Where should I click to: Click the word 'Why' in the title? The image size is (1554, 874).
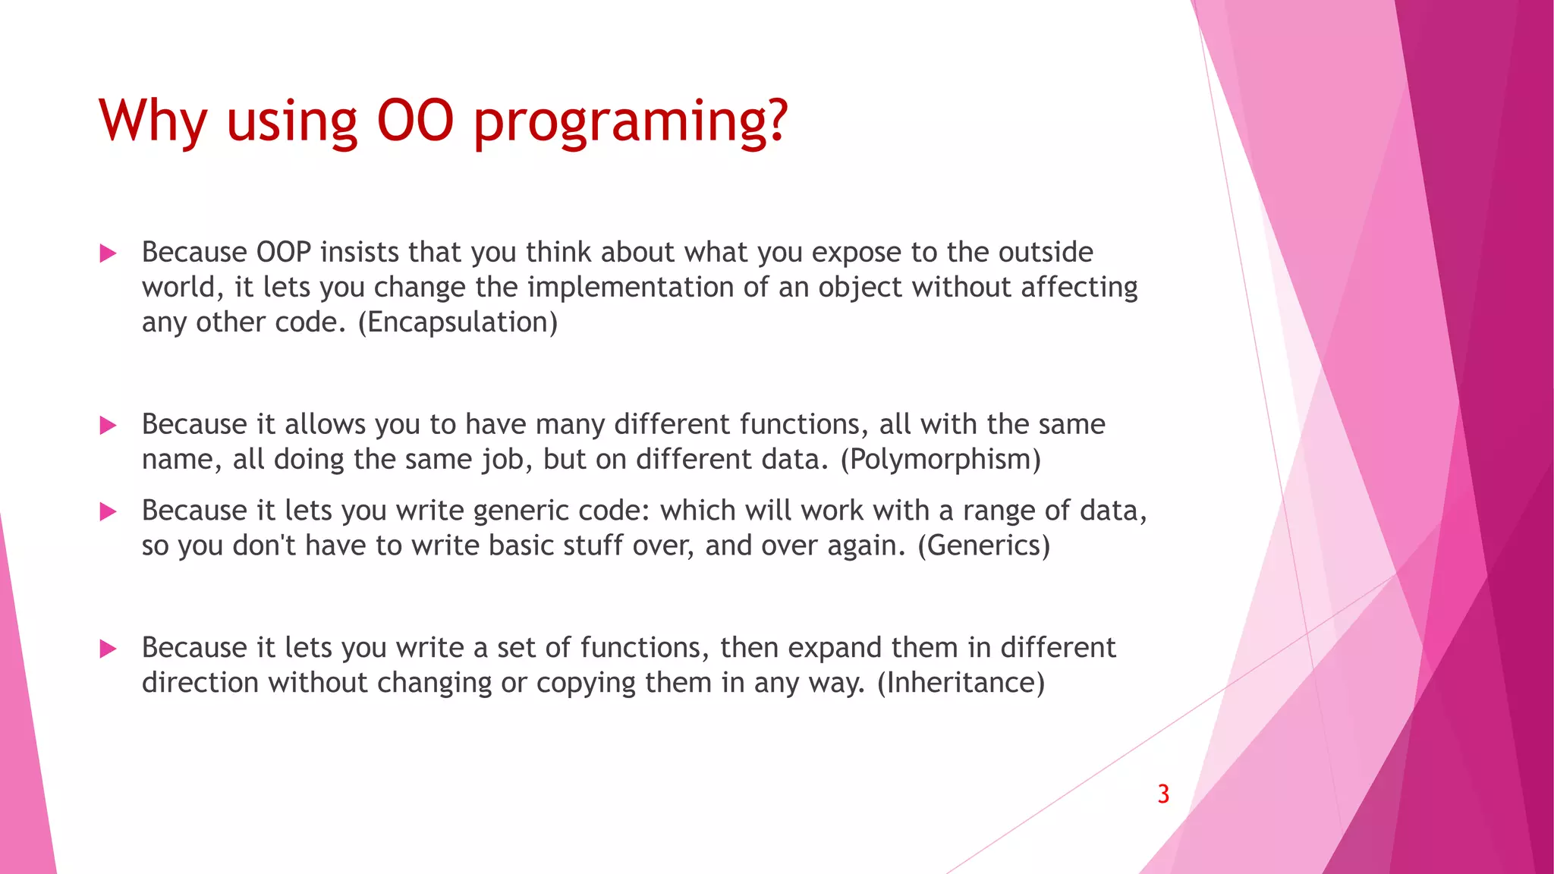point(153,121)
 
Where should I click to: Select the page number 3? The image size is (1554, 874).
point(1163,794)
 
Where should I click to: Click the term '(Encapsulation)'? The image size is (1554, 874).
point(458,322)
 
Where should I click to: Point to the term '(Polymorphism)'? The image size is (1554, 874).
point(940,459)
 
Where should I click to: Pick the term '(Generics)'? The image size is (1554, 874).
point(983,545)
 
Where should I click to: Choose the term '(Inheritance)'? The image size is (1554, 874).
point(961,683)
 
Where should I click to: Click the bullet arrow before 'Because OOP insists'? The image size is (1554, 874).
point(108,253)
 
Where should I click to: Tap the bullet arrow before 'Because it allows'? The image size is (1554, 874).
point(108,426)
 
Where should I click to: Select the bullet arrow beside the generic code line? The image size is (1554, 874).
point(108,512)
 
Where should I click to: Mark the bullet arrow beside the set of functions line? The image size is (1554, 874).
point(108,649)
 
